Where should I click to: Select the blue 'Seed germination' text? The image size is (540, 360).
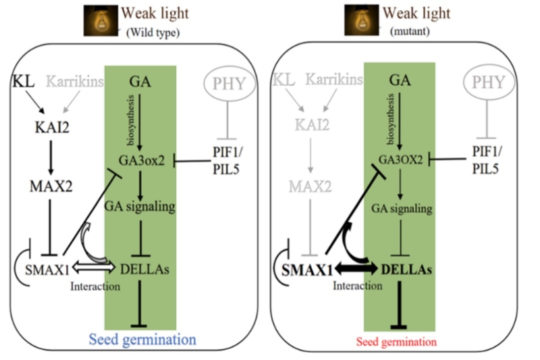pyautogui.click(x=142, y=339)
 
